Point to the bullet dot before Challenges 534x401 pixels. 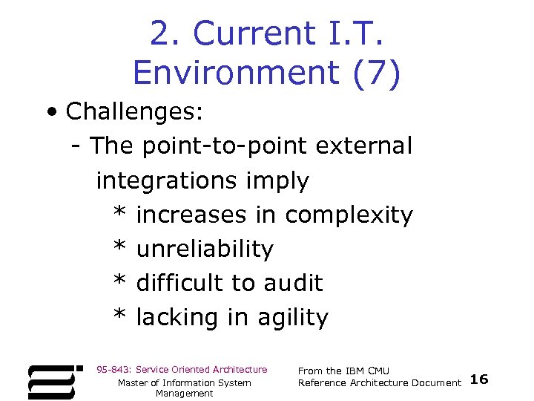tap(50, 113)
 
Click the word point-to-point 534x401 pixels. tap(222, 146)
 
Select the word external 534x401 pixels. tap(363, 146)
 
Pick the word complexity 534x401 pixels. tap(349, 215)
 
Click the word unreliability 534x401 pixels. tap(205, 249)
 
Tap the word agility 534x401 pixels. tap(292, 317)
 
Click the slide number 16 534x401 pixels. tap(479, 379)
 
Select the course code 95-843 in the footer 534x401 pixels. tap(113, 369)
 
